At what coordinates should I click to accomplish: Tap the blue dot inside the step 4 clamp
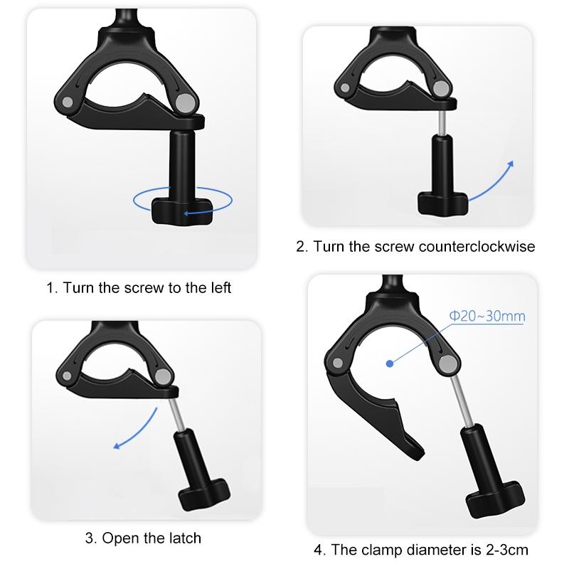click(x=390, y=363)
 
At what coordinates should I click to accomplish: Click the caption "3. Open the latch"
click(x=143, y=538)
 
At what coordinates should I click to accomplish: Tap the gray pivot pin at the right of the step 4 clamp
click(x=447, y=365)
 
